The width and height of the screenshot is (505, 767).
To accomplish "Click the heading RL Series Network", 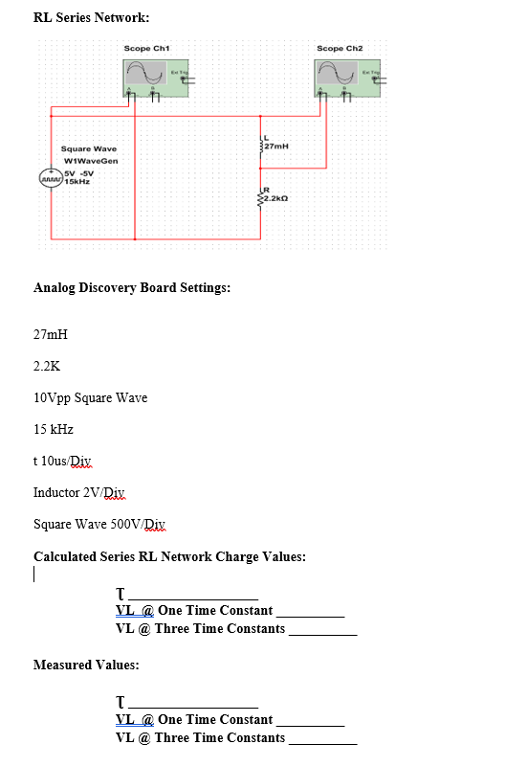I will pos(91,17).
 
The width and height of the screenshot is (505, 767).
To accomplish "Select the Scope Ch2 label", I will pos(340,47).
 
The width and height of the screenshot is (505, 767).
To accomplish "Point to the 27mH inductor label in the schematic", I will pos(276,147).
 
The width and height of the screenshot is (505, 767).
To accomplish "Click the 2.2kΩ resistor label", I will pos(277,198).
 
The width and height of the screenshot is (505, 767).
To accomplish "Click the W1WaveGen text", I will pos(91,161).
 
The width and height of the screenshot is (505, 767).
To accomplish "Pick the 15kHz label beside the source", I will pos(77,181).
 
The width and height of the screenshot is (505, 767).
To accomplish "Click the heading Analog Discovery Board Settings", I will pos(131,287).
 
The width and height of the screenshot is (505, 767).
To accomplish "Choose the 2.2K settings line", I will pos(47,366).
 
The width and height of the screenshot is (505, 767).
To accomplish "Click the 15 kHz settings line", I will pos(54,429).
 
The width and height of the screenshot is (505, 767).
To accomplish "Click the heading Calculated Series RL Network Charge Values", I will pos(169,556).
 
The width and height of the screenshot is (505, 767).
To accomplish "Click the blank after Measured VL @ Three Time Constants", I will pos(322,740).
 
